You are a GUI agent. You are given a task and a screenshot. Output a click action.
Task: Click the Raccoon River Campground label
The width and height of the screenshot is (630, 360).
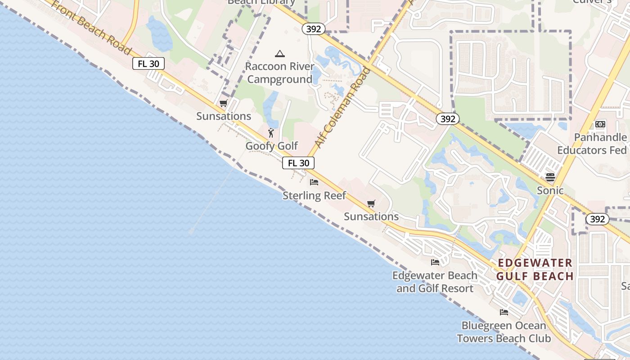coord(279,73)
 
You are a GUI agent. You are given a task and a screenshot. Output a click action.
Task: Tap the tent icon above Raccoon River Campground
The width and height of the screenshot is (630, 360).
coord(279,54)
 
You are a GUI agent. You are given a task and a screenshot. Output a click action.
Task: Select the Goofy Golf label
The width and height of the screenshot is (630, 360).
coord(271,146)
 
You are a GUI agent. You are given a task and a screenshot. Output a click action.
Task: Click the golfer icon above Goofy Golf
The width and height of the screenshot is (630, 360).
coord(271,133)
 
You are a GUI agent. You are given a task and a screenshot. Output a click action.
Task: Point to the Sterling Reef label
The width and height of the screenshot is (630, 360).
coord(314,196)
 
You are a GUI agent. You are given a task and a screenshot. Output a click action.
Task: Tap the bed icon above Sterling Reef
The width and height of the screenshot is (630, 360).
coord(314,182)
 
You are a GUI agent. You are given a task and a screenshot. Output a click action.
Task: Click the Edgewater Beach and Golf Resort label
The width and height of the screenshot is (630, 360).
coord(435,282)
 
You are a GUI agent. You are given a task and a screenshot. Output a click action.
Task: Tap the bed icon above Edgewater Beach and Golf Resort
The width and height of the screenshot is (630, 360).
coord(435,262)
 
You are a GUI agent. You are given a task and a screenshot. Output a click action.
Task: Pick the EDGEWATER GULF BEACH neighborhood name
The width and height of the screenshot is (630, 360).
coord(535,270)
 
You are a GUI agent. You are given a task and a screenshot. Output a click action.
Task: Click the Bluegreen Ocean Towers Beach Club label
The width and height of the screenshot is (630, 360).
coord(504,332)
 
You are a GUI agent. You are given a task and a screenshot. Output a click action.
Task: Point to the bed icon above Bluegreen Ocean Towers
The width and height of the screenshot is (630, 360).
coord(504,312)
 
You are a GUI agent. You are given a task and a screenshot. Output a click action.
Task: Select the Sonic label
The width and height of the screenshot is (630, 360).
coord(550,190)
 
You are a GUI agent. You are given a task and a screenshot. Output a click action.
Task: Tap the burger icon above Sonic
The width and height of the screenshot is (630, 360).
coord(550,177)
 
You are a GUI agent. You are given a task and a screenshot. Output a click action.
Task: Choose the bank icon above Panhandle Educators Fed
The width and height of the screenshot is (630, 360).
coord(600,124)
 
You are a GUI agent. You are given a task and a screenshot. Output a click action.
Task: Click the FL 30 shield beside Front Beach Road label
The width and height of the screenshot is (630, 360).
coord(148,63)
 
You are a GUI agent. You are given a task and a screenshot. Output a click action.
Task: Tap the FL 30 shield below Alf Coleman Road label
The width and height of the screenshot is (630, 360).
coord(298,163)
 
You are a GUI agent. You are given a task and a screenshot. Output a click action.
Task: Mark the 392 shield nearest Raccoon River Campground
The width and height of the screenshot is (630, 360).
coord(313,29)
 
